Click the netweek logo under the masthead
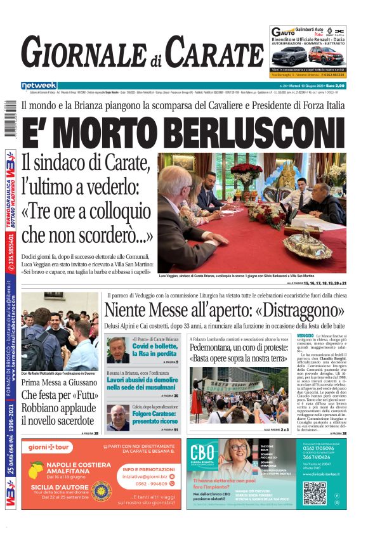pos(39,86)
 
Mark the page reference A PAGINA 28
pos(90,433)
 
